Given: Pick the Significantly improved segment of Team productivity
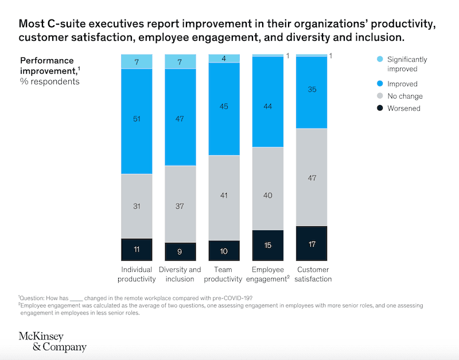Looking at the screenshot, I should (x=224, y=58).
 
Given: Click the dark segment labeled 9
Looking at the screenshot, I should (x=180, y=250).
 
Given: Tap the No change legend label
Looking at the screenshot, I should (x=404, y=96).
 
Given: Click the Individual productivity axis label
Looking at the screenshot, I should (x=137, y=274).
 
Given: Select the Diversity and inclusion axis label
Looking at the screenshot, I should (x=180, y=274).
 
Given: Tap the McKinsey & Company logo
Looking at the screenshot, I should (x=52, y=342).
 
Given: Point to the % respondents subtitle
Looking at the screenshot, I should (x=50, y=82).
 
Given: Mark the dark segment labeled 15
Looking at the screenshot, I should (x=267, y=244).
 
